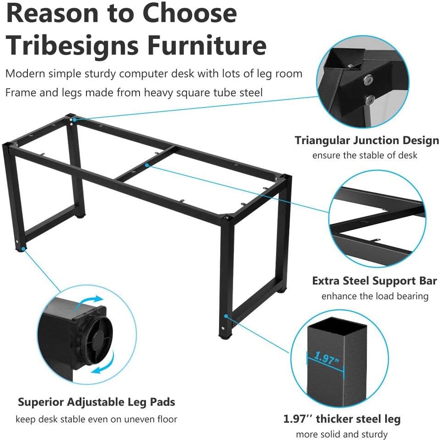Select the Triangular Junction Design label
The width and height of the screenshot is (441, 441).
(x=366, y=140)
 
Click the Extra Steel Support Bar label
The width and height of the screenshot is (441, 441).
(x=374, y=280)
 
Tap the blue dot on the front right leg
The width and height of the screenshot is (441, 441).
(x=226, y=316)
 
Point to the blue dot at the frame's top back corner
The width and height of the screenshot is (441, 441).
(x=74, y=119)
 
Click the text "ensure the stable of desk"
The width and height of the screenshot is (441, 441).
(x=365, y=155)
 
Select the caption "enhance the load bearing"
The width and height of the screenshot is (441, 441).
(x=375, y=296)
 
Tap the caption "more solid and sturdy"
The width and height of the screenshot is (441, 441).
(x=342, y=434)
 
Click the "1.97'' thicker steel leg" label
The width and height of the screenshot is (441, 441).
(x=342, y=419)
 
